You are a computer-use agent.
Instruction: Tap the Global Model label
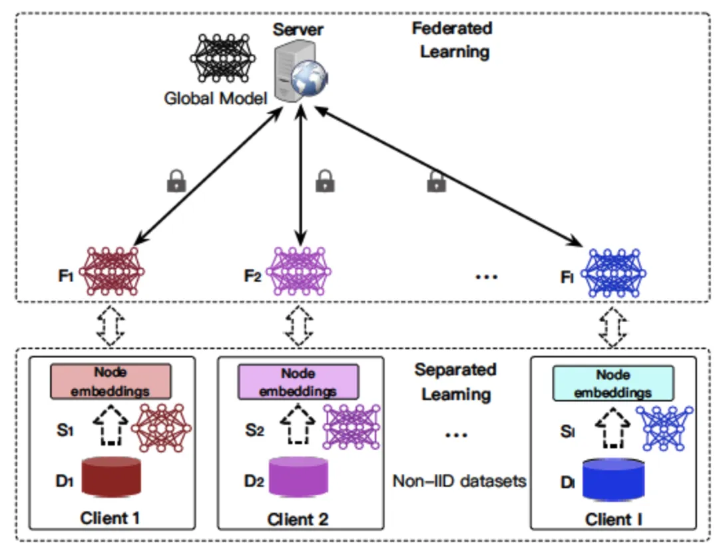pos(215,98)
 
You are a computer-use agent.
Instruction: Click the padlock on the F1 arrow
pos(176,181)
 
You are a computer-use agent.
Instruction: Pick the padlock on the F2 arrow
pos(325,180)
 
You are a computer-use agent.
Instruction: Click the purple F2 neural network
pos(299,271)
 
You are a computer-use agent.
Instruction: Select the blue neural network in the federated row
pos(614,271)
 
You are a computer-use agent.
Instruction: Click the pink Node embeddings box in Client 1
pos(111,382)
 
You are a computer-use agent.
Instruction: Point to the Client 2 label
pos(298,518)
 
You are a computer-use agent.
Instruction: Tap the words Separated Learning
pos(456,381)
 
